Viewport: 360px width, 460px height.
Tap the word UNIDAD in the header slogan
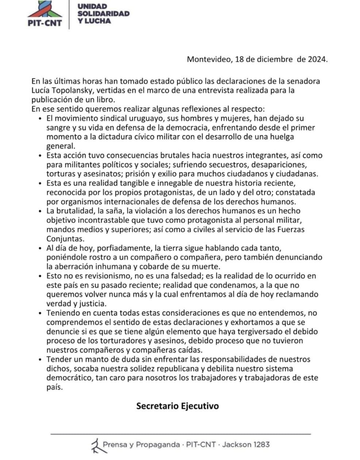(92, 6)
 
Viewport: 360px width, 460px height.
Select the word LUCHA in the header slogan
(98, 21)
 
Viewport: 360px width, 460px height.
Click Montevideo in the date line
(208, 59)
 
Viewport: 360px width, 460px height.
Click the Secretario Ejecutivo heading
(177, 406)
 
